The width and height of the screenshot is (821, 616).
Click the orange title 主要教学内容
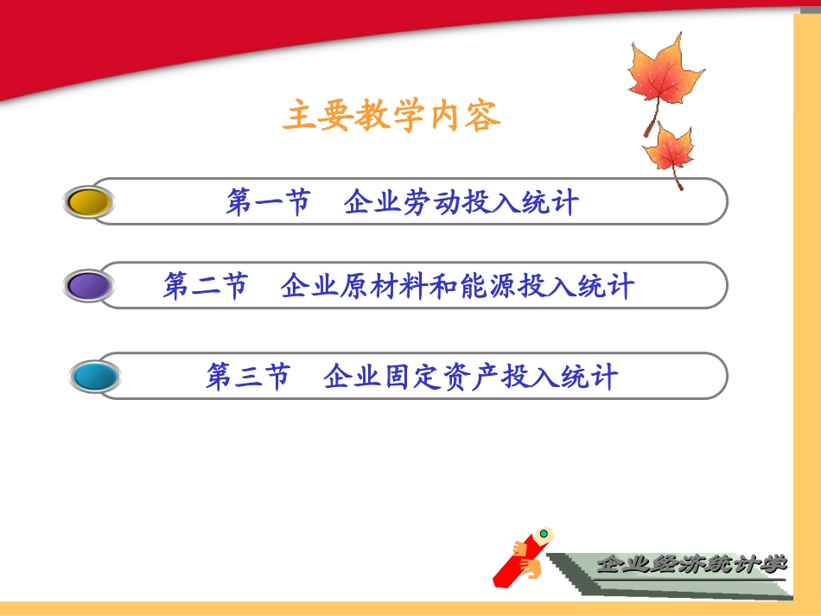[391, 116]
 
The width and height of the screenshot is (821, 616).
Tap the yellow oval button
[89, 201]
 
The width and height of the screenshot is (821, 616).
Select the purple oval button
[89, 286]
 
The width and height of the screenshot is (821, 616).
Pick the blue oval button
[94, 377]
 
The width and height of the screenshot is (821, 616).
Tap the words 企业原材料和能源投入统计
[457, 286]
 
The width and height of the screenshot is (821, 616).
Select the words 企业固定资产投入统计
[471, 377]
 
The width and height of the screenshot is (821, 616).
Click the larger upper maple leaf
[663, 78]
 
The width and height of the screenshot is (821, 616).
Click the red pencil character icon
[524, 557]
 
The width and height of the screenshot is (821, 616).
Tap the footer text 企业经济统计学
[691, 565]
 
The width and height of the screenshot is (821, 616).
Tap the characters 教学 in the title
[391, 116]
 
